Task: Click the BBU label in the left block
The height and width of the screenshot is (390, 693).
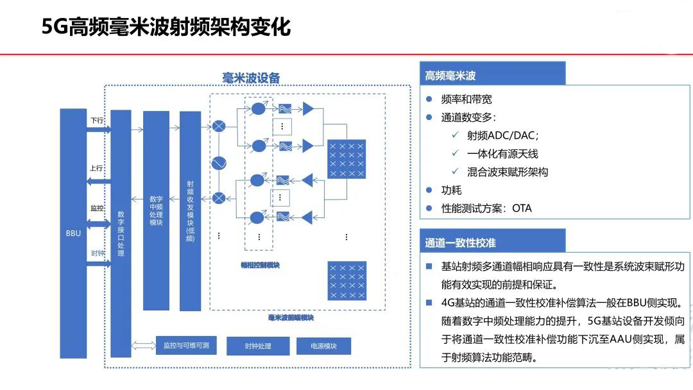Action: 73,233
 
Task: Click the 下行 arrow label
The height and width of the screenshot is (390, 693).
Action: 97,120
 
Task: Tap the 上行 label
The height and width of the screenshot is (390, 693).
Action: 97,168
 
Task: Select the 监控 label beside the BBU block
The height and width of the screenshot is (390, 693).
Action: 97,208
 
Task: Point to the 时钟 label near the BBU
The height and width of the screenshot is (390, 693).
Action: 97,253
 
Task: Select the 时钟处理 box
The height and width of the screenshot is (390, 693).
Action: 258,346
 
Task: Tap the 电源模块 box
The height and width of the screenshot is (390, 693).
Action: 323,346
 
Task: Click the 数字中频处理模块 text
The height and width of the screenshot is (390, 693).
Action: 156,210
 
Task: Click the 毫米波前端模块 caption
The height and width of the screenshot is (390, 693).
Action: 291,317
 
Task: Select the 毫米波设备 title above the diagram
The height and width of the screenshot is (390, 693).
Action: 251,78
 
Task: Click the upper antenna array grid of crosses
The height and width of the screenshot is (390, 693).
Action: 346,160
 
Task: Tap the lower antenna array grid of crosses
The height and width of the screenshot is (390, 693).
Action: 346,280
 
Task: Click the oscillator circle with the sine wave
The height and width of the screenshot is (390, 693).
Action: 219,163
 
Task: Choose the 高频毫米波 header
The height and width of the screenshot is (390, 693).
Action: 450,76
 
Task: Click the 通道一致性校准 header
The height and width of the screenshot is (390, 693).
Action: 460,243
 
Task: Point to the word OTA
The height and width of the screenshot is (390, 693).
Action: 522,208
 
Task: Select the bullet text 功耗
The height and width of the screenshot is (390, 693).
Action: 451,190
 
